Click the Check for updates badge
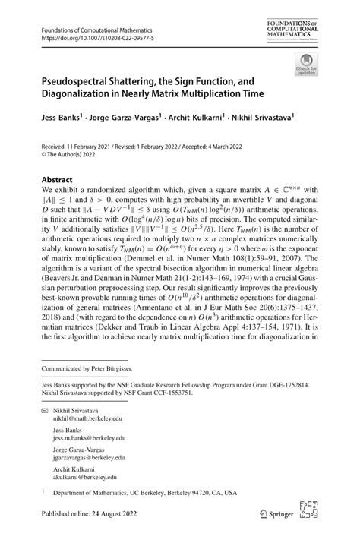pos(306,65)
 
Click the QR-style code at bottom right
pos(308,514)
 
